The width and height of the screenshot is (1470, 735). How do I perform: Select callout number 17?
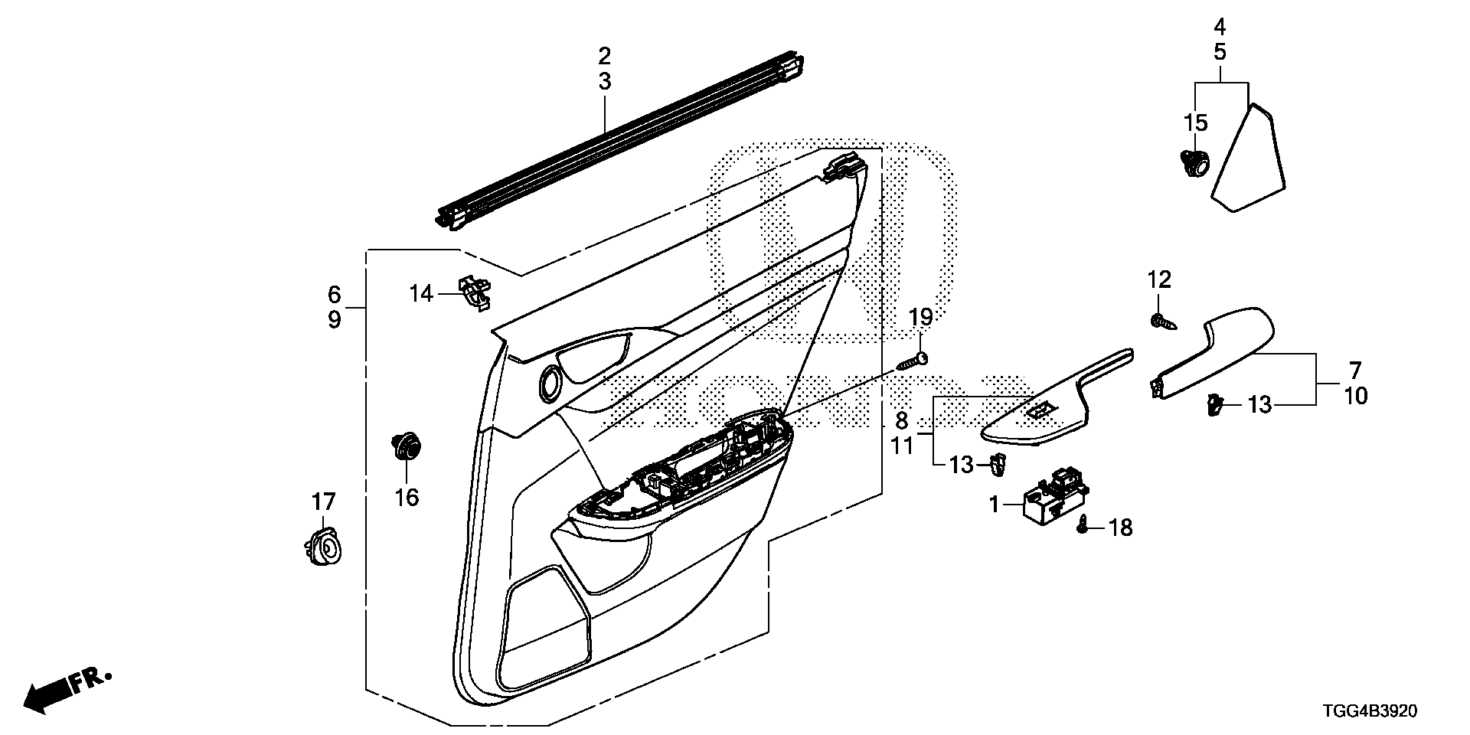(323, 502)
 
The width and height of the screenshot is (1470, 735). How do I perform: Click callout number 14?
(421, 293)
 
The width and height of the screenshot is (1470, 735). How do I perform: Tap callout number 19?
(922, 316)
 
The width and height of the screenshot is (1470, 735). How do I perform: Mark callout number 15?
(1195, 122)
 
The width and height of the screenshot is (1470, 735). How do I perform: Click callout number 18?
(1121, 528)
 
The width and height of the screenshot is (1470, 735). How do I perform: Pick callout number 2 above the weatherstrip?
(605, 55)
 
